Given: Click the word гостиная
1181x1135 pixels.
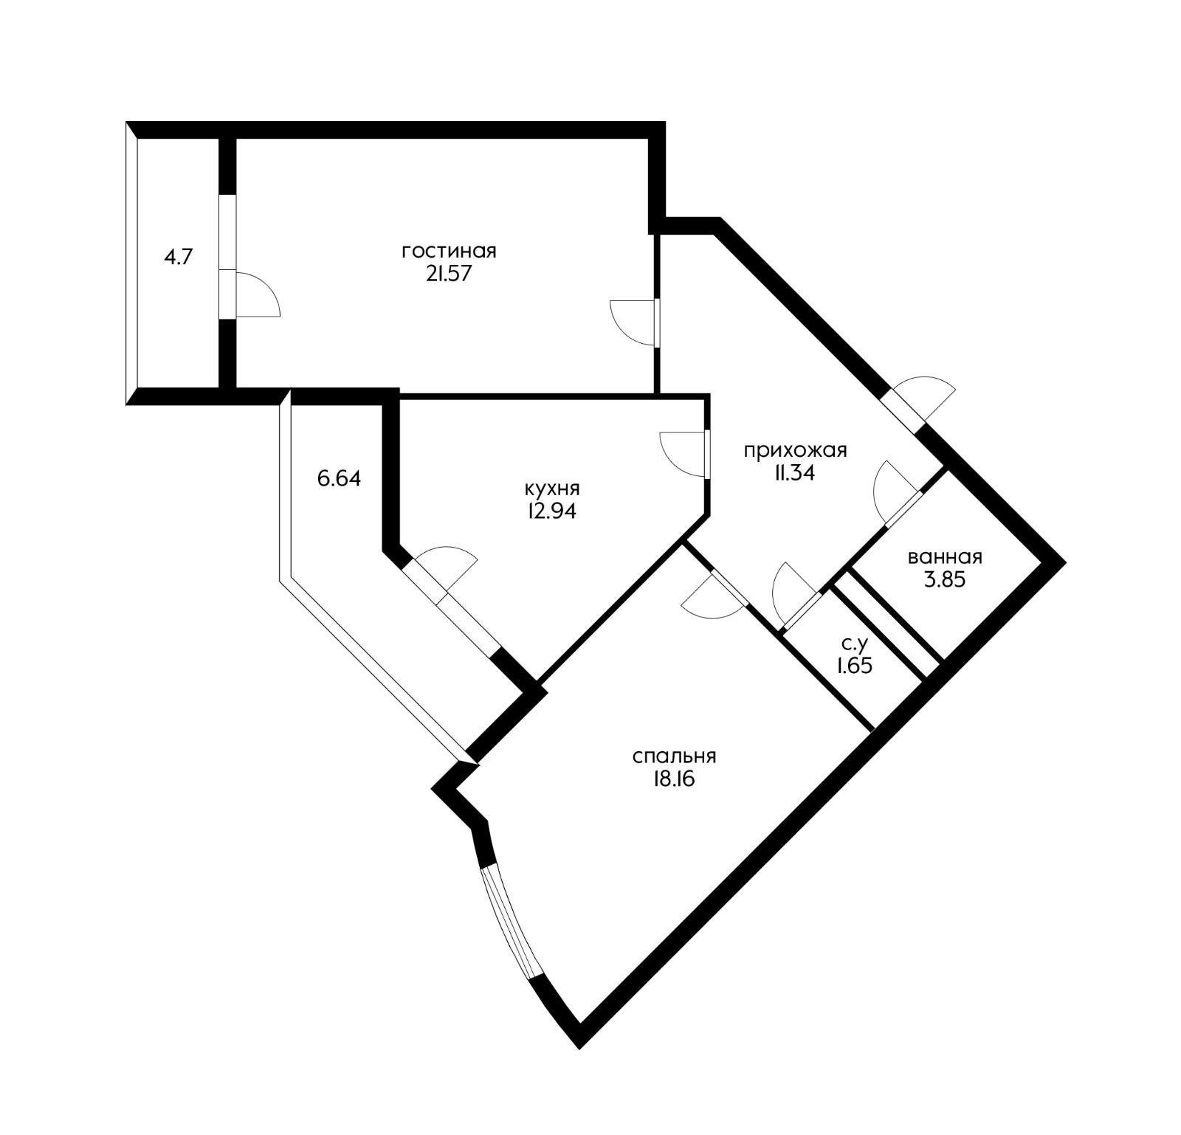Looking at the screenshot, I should (x=449, y=251).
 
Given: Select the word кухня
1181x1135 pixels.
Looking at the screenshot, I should (x=551, y=489).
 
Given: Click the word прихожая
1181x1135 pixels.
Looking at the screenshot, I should (x=795, y=450).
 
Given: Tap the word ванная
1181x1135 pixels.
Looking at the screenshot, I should (x=945, y=557).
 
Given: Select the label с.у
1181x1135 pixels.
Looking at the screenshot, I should (x=855, y=644).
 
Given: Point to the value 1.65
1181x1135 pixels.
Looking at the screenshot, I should (x=854, y=666).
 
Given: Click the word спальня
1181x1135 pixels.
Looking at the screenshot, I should (x=675, y=756).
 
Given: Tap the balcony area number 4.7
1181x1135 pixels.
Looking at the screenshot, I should (x=178, y=258).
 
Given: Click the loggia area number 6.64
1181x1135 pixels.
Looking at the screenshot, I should (x=339, y=478).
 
